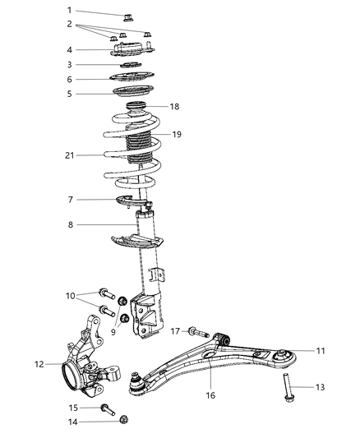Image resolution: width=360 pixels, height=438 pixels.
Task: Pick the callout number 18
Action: [173, 107]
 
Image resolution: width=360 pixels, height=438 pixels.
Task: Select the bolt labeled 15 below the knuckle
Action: [108, 407]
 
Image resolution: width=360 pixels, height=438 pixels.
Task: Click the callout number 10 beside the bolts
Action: [71, 295]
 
